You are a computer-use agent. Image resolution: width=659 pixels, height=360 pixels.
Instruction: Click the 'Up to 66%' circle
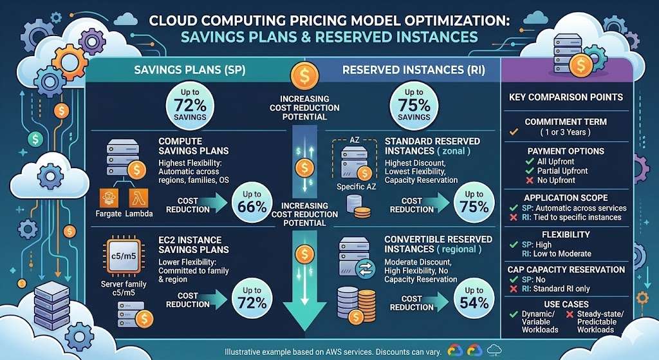(x=252, y=202)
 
